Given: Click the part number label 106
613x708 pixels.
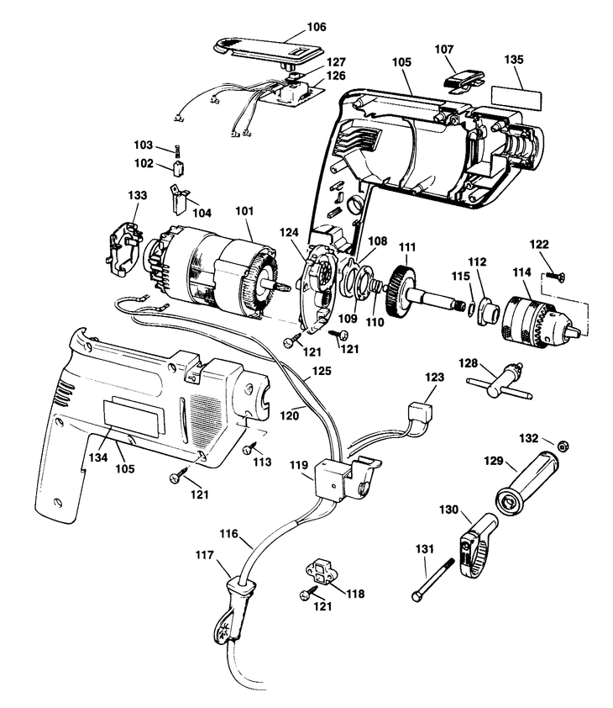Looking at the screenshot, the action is pyautogui.click(x=317, y=27).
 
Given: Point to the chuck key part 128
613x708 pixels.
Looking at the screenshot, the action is pyautogui.click(x=500, y=383).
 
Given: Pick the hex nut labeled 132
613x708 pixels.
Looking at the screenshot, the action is pyautogui.click(x=562, y=446).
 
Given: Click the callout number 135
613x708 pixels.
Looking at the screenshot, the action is pyautogui.click(x=514, y=60).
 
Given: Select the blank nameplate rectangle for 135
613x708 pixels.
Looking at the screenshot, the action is pyautogui.click(x=516, y=98).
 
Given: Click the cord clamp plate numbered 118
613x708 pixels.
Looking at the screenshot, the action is pyautogui.click(x=321, y=571).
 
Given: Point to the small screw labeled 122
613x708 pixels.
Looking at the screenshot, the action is pyautogui.click(x=555, y=276).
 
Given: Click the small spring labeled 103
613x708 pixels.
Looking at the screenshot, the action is pyautogui.click(x=178, y=151).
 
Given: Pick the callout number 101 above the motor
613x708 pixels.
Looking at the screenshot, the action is pyautogui.click(x=244, y=211).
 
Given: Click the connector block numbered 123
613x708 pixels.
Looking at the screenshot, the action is pyautogui.click(x=420, y=413).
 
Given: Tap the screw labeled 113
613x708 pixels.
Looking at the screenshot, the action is pyautogui.click(x=249, y=449).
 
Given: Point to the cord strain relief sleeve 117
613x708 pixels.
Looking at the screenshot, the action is pyautogui.click(x=233, y=607).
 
